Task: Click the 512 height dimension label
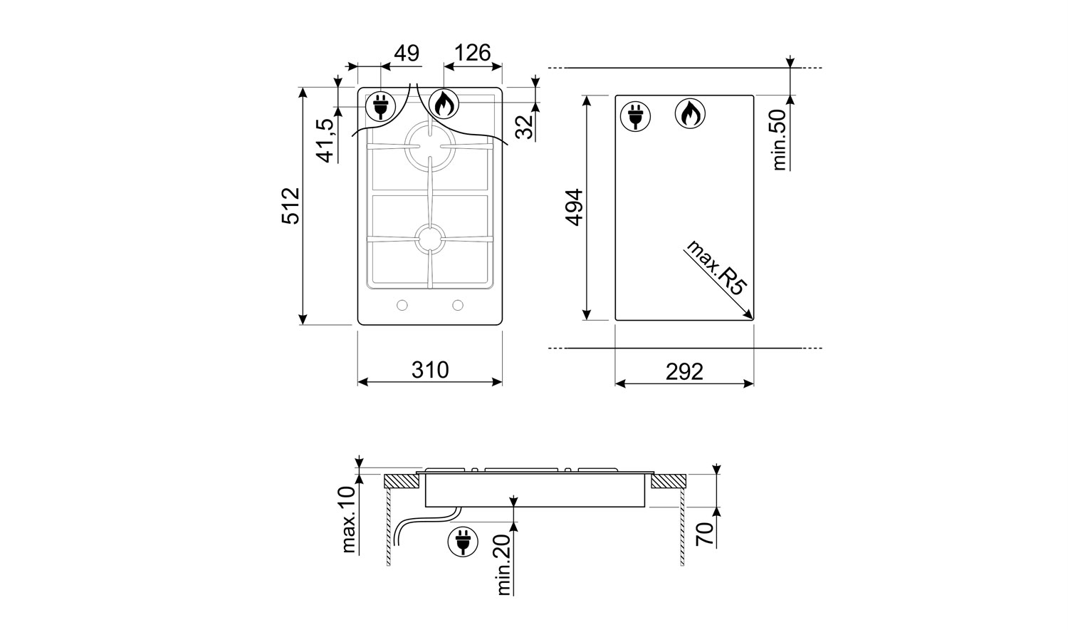coord(290,206)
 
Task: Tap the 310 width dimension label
coord(430,370)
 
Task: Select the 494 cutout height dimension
coord(574,207)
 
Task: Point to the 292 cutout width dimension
coord(684,372)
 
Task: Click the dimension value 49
coord(407,53)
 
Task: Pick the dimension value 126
coord(472,53)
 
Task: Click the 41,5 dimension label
coord(327,140)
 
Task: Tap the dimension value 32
coord(525,126)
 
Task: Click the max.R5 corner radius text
coord(716,268)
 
